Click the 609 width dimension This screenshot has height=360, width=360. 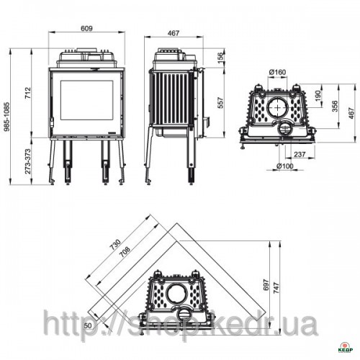click(86, 29)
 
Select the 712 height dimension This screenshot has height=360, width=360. click(28, 93)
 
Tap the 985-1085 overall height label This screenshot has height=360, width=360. click(7, 117)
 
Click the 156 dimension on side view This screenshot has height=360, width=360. click(220, 58)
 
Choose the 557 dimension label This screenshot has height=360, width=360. click(220, 103)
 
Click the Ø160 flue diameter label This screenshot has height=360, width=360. click(277, 72)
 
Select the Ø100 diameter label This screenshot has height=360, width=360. click(285, 166)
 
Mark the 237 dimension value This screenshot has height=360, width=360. click(300, 154)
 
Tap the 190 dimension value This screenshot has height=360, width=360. click(318, 96)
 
